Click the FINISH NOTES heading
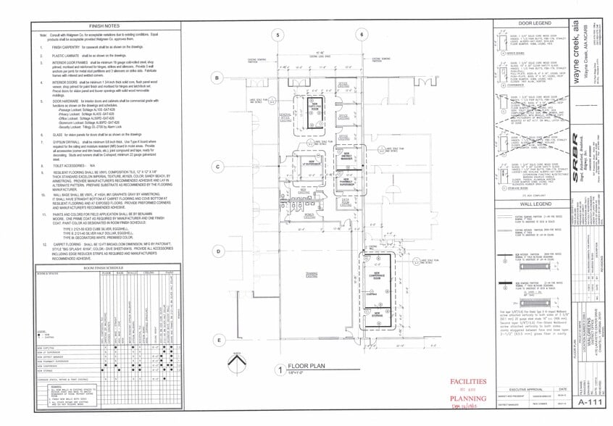click(x=106, y=25)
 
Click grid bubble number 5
click(x=276, y=35)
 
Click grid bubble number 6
click(x=361, y=35)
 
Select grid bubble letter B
click(x=216, y=78)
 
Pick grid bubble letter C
click(x=216, y=167)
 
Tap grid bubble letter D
click(x=216, y=251)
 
